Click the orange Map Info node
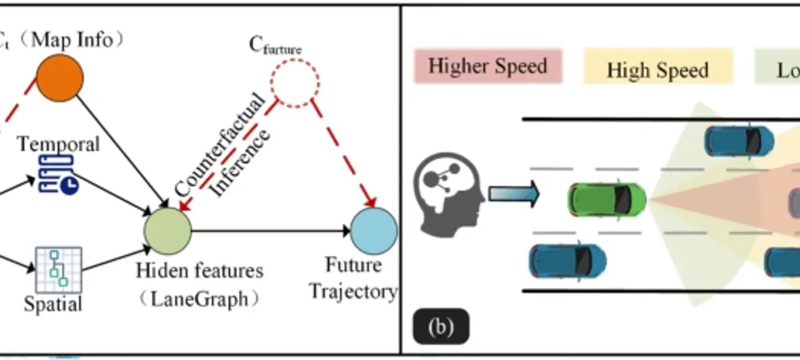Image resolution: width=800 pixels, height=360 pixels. [60, 78]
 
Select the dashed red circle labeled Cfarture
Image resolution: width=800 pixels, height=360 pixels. [294, 83]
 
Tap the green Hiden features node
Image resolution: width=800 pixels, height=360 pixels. [167, 231]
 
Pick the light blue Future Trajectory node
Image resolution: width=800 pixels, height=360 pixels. [374, 231]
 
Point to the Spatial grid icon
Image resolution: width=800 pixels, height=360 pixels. [58, 269]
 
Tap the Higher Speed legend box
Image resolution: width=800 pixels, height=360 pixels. [488, 66]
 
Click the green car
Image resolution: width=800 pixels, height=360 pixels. [607, 199]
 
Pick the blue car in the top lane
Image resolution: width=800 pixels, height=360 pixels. [739, 140]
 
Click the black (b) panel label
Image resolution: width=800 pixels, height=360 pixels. [441, 327]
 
